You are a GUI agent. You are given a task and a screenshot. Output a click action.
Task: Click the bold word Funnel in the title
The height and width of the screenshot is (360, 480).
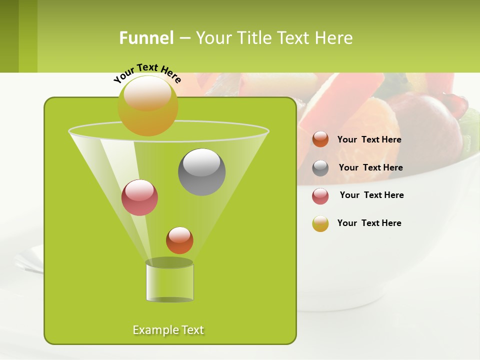(x=146, y=38)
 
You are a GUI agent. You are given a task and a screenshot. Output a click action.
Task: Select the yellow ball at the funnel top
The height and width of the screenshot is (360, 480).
(x=147, y=106)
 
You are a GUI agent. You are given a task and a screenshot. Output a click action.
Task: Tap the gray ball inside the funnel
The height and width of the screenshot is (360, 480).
(x=201, y=172)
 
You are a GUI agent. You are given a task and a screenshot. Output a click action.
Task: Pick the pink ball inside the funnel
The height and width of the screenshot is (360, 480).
(x=139, y=197)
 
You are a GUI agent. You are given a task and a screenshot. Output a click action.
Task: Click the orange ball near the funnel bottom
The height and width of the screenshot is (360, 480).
(x=179, y=240)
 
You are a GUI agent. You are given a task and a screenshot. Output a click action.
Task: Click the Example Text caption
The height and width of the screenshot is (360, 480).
(x=168, y=330)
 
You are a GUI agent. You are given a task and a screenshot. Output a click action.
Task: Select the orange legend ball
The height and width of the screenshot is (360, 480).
(x=320, y=139)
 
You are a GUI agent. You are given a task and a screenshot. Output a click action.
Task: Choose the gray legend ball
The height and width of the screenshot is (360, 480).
(x=320, y=168)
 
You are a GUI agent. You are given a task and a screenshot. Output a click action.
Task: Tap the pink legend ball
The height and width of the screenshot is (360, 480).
(x=320, y=196)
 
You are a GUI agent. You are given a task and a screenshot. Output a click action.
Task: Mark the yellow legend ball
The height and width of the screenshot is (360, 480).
(x=320, y=223)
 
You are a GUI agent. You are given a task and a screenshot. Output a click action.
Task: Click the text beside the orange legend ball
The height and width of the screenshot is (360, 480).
(x=369, y=140)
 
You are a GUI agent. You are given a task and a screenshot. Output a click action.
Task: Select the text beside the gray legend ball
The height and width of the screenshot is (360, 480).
(x=370, y=168)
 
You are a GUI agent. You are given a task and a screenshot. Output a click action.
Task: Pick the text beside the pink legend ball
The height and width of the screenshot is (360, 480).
(x=371, y=195)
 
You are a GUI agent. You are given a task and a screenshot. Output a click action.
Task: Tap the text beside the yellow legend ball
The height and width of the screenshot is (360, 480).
(x=369, y=223)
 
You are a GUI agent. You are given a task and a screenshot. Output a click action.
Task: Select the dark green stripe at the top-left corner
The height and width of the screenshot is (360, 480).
(x=9, y=36)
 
